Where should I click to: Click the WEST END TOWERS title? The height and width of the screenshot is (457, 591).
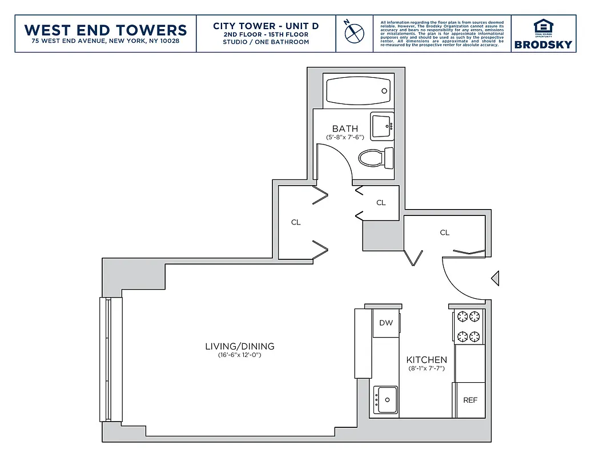coord(106,30)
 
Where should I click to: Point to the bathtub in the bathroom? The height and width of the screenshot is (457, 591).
coord(358,90)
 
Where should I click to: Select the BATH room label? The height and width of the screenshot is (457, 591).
coord(345,129)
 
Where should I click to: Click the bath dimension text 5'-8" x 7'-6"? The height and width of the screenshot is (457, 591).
coord(345,138)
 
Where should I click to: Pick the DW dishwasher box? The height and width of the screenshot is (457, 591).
coord(386,323)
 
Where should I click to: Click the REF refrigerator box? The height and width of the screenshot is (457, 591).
coord(470,400)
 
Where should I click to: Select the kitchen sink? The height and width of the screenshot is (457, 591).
coord(386,399)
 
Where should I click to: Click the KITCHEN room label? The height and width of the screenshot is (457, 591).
coord(427,359)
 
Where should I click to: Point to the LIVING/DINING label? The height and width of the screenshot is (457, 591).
coord(239,346)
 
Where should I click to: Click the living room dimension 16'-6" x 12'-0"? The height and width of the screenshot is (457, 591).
coord(239,355)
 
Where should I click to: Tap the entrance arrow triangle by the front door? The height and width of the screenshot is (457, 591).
coord(496,278)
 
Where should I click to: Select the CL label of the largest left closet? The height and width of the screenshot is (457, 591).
coord(296,222)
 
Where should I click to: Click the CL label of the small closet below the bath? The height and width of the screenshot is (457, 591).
coord(381,203)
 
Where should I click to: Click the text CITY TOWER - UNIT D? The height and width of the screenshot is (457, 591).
coord(266,26)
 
